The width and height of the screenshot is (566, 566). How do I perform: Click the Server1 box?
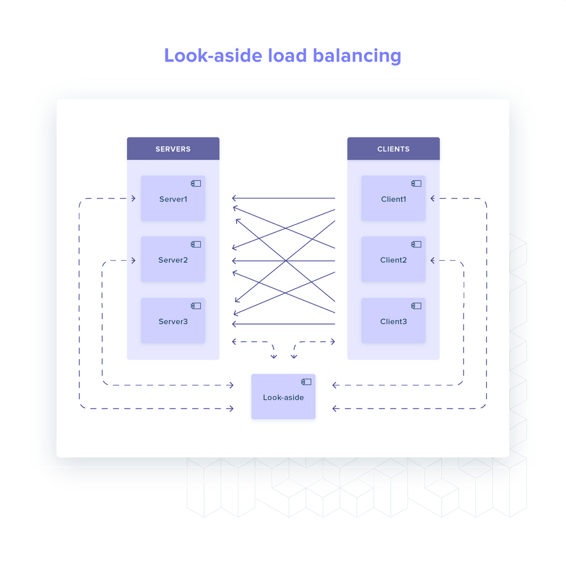point(173,199)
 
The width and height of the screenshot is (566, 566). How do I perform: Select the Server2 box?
point(173,260)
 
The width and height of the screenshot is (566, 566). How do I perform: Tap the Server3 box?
point(173,321)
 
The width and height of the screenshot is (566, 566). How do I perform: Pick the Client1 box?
point(393,199)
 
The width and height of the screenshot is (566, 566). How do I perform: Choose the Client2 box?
point(393,260)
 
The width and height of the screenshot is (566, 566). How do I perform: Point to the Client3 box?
point(393,321)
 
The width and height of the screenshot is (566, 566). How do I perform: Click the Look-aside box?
point(283,397)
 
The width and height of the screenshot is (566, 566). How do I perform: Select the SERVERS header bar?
point(173,149)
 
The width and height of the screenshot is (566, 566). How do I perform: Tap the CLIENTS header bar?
point(393,149)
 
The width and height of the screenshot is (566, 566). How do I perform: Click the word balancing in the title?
point(357,56)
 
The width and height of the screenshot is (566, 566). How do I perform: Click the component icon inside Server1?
point(196,183)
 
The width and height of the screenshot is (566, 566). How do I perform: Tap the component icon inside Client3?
point(416,306)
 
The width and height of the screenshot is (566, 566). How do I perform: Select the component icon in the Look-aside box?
point(306,382)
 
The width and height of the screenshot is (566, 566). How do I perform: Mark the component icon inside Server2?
point(196,244)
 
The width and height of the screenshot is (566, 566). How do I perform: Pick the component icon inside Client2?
point(416,244)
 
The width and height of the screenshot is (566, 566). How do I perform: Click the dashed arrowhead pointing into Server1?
point(133,199)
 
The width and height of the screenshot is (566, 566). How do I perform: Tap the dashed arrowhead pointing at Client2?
point(433,261)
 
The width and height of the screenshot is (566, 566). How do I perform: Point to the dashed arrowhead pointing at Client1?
point(433,199)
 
